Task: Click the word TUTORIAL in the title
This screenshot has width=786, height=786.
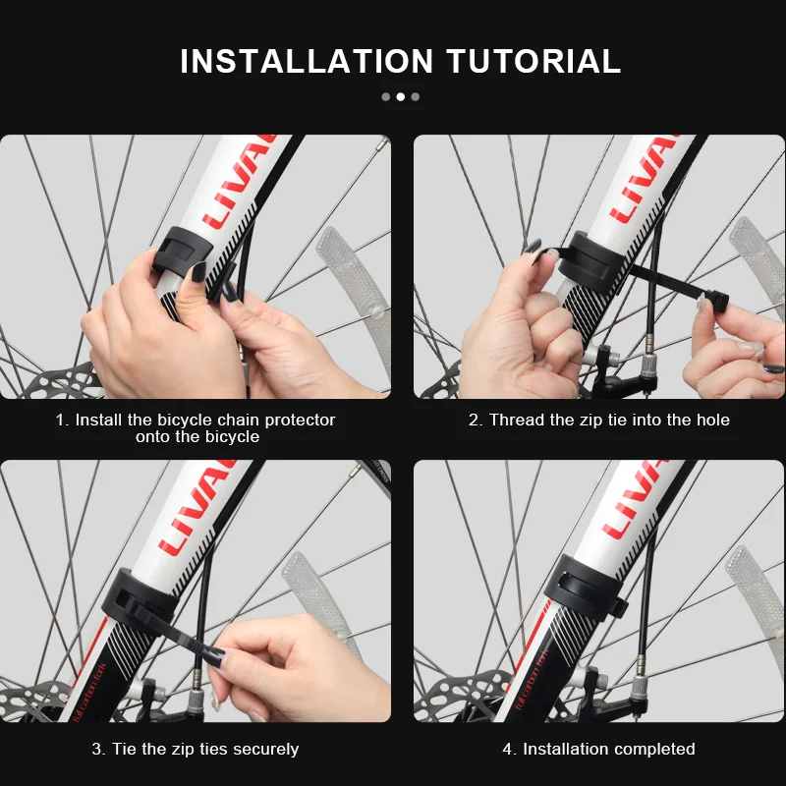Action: [x=534, y=61]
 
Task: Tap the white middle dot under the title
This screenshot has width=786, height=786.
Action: [x=400, y=96]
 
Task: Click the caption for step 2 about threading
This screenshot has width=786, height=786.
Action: [x=598, y=421]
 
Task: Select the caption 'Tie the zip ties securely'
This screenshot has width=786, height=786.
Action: [x=196, y=749]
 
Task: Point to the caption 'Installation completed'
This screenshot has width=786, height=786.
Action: [x=598, y=749]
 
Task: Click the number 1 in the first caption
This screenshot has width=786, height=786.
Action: [x=61, y=421]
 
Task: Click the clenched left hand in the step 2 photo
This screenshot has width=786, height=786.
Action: [x=521, y=334]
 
